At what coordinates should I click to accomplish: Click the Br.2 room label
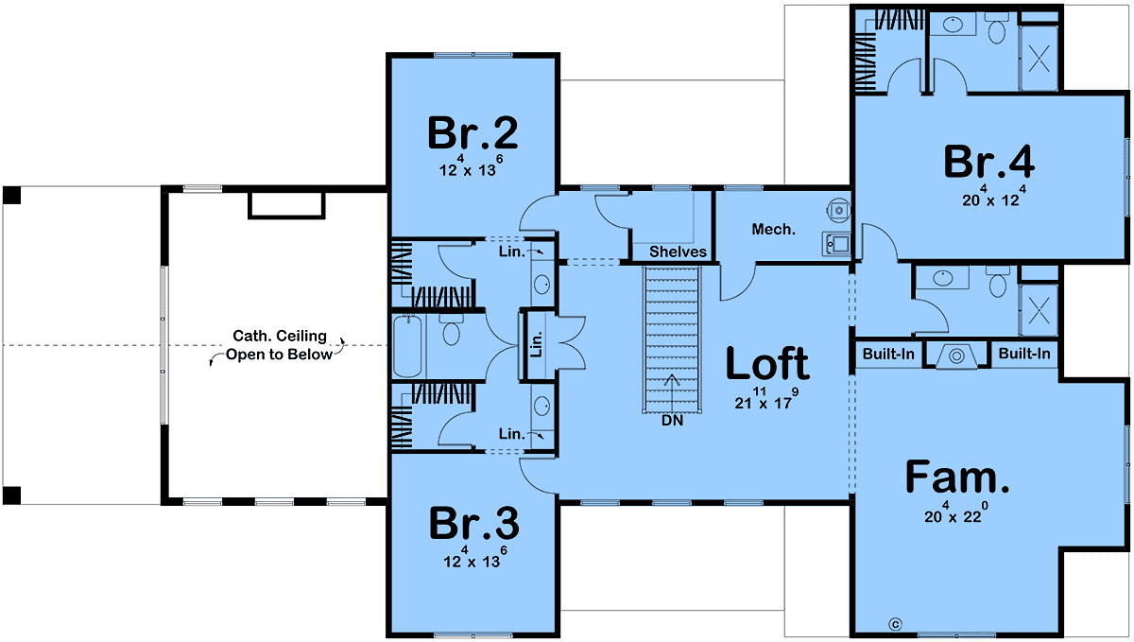pyautogui.click(x=472, y=132)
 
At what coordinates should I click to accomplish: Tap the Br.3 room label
pyautogui.click(x=473, y=524)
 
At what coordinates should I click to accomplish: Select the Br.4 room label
pyautogui.click(x=989, y=162)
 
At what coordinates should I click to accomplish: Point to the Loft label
pyautogui.click(x=767, y=363)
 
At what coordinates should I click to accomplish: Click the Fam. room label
pyautogui.click(x=956, y=477)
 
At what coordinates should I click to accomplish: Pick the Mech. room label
pyautogui.click(x=773, y=230)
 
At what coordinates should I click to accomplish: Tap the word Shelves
pyautogui.click(x=678, y=252)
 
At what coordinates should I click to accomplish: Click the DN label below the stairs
pyautogui.click(x=672, y=421)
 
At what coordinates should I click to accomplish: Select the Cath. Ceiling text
pyautogui.click(x=280, y=336)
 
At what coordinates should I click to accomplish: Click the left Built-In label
pyautogui.click(x=888, y=354)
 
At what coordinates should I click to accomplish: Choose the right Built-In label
pyautogui.click(x=1024, y=354)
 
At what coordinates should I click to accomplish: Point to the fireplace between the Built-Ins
pyautogui.click(x=956, y=356)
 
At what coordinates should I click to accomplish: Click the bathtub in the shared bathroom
pyautogui.click(x=407, y=347)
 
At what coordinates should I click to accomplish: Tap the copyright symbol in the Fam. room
pyautogui.click(x=895, y=624)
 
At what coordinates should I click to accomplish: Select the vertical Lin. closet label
pyautogui.click(x=537, y=344)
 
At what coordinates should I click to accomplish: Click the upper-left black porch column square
pyautogui.click(x=11, y=195)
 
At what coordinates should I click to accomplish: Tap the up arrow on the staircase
pyautogui.click(x=672, y=394)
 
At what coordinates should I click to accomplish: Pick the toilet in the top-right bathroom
pyautogui.click(x=997, y=29)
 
